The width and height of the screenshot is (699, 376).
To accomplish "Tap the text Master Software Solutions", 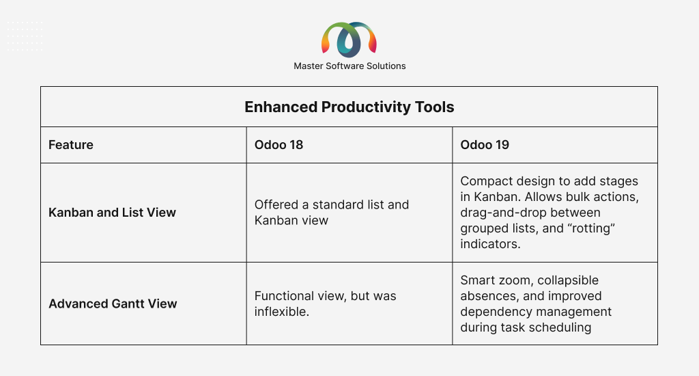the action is (x=349, y=66).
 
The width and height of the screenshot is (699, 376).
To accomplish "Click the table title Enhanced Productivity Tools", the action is (x=349, y=107).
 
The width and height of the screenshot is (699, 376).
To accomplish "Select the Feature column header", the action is (x=71, y=145).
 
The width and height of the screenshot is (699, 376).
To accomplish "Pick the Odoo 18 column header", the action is (x=279, y=145).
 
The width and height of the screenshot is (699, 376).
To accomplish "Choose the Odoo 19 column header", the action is (x=485, y=145).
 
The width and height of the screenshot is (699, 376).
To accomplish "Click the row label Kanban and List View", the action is (x=113, y=213).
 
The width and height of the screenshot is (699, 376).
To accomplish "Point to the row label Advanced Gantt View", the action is (x=113, y=304).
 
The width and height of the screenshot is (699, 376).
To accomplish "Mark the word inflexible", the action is (x=282, y=312).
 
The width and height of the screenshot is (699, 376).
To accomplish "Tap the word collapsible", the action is (x=568, y=280).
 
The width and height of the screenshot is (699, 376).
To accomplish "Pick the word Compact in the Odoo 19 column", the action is (x=485, y=181).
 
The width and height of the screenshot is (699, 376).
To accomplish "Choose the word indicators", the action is (x=490, y=244).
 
